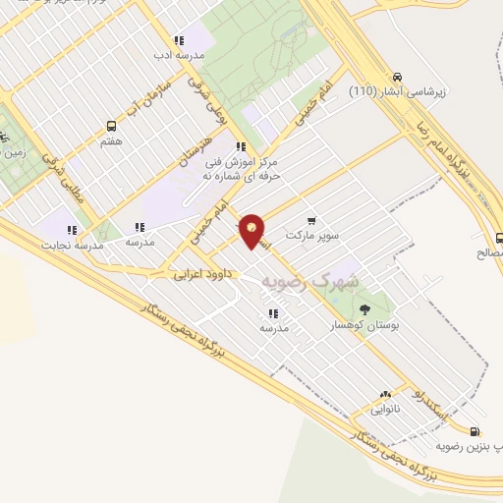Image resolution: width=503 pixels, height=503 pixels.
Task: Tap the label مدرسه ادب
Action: pyautogui.click(x=180, y=56)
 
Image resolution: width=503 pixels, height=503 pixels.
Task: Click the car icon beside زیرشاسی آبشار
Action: pyautogui.click(x=396, y=77)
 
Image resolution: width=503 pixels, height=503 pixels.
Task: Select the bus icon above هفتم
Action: pyautogui.click(x=111, y=126)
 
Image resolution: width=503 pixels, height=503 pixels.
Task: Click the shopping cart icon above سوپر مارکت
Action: pyautogui.click(x=311, y=220)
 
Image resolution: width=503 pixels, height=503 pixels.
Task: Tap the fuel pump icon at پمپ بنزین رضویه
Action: pyautogui.click(x=475, y=431)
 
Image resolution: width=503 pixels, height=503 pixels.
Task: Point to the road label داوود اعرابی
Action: pyautogui.click(x=200, y=274)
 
